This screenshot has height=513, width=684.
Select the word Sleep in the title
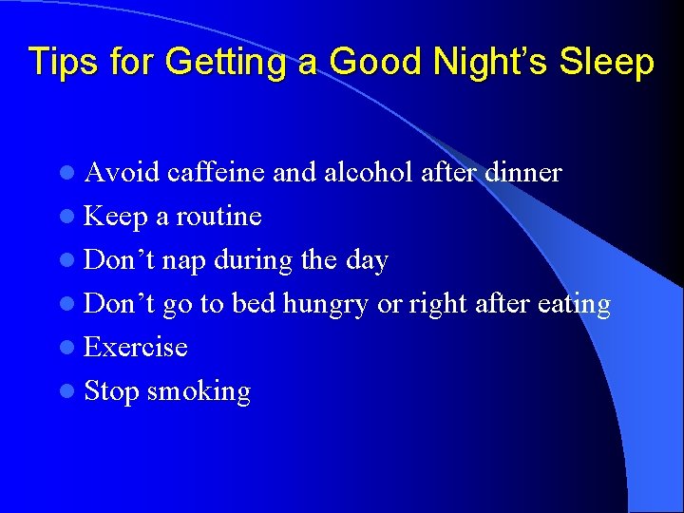click(x=609, y=62)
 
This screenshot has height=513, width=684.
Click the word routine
click(x=218, y=217)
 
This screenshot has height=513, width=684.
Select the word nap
click(x=187, y=261)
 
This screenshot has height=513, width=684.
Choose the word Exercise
click(x=136, y=348)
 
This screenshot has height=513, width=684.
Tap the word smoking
click(x=199, y=392)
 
